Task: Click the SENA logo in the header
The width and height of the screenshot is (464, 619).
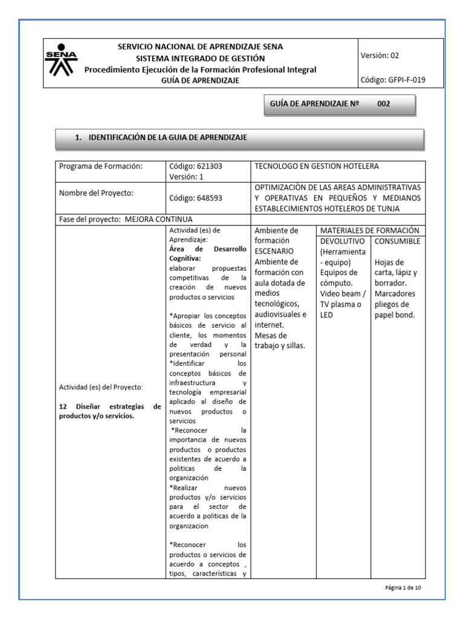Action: pyautogui.click(x=62, y=63)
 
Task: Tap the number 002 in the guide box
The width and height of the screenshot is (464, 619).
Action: pyautogui.click(x=384, y=104)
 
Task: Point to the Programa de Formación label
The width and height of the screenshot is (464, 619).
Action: pyautogui.click(x=100, y=167)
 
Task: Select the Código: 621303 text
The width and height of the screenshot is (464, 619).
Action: pyautogui.click(x=192, y=167)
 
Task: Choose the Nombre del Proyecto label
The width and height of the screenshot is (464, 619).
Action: pyautogui.click(x=95, y=193)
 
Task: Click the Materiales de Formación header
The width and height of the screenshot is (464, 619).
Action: pyautogui.click(x=369, y=230)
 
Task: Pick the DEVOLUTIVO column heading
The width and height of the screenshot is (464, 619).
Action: pyautogui.click(x=343, y=241)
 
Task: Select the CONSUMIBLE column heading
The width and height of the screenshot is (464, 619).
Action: pyautogui.click(x=397, y=241)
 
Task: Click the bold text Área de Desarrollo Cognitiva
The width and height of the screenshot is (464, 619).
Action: pyautogui.click(x=207, y=253)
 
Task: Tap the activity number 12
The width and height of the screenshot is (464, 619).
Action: pyautogui.click(x=62, y=407)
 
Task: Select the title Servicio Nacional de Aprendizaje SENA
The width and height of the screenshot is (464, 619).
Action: pyautogui.click(x=200, y=47)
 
